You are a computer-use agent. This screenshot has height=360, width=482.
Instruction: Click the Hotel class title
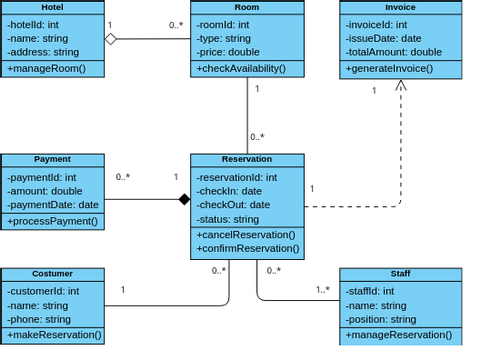52,7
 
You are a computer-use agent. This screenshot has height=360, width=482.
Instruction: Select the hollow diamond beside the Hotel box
111,39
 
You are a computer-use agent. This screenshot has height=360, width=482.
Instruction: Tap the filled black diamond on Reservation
184,199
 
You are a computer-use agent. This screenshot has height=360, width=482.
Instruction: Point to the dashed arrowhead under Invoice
401,86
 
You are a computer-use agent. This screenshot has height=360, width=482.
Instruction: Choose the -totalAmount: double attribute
393,52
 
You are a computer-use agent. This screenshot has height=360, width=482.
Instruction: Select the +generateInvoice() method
389,69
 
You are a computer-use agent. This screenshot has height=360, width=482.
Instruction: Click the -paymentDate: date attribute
53,205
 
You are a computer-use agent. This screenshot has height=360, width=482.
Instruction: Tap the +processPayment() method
53,221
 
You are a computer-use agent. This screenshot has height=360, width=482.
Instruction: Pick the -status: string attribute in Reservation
228,219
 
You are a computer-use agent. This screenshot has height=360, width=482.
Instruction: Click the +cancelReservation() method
246,235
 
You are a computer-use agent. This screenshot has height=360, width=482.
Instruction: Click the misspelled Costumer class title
52,273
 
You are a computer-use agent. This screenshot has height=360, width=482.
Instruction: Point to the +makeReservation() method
54,335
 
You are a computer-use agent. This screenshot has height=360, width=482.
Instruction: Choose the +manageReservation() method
398,335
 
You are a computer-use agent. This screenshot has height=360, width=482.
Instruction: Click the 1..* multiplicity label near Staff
323,290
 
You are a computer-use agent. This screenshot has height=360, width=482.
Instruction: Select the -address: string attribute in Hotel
43,52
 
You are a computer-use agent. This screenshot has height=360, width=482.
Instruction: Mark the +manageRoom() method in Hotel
46,69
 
